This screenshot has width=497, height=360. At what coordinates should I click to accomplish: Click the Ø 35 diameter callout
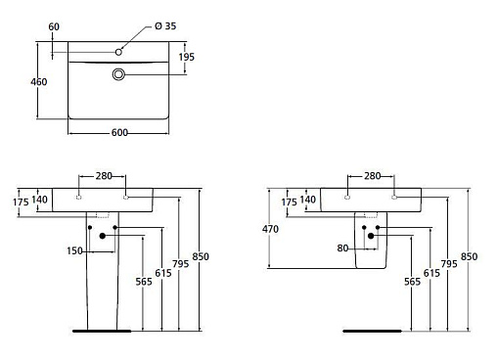(165, 26)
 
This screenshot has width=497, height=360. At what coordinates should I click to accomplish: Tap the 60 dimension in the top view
(54, 26)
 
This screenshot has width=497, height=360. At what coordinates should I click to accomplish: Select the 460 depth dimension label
(39, 82)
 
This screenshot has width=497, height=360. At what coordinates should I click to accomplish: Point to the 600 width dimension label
(119, 133)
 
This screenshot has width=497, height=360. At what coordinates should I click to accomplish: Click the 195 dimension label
(187, 57)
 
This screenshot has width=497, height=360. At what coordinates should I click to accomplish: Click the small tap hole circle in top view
(118, 52)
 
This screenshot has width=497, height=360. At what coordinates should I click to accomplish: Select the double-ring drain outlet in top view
(118, 74)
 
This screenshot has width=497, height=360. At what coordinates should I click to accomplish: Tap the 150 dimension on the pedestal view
(74, 251)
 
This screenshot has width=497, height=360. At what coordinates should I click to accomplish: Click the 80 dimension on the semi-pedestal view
(342, 248)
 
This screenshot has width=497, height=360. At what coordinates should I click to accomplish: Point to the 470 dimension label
(270, 229)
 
